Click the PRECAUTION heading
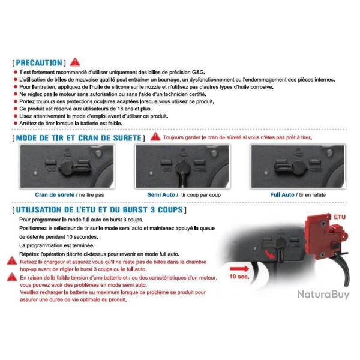point(38,62)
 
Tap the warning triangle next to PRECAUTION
point(74,62)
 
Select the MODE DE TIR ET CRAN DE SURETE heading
point(78,138)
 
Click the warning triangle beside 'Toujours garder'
point(155,137)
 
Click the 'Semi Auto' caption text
point(161,196)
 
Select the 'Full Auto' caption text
point(282,196)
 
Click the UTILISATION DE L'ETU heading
point(99,211)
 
